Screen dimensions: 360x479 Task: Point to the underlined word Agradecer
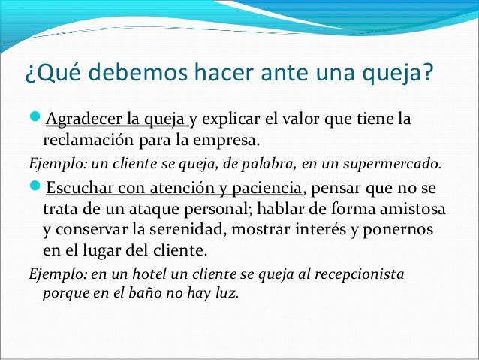click(x=82, y=120)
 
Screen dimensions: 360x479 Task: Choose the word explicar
click(x=231, y=120)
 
